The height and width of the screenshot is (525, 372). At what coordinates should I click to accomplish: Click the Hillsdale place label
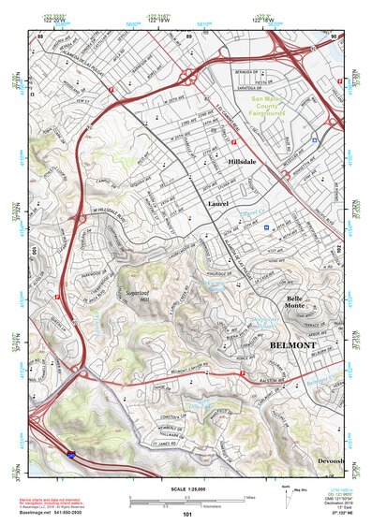(x=247, y=162)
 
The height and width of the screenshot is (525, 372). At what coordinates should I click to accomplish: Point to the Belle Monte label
(x=295, y=302)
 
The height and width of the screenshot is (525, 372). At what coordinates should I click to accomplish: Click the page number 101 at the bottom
(x=187, y=515)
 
